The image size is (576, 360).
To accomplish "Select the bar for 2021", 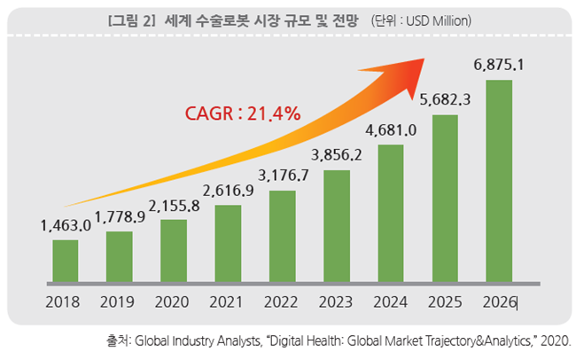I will (x=228, y=244).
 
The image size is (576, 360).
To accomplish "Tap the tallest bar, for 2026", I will (x=499, y=182).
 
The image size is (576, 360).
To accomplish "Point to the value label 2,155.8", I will (x=174, y=206).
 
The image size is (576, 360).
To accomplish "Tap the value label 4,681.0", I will (x=391, y=131).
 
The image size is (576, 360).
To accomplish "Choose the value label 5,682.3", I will (x=445, y=100).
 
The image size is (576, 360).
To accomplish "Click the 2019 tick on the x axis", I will (x=120, y=301).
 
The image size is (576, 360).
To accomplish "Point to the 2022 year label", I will (x=282, y=301).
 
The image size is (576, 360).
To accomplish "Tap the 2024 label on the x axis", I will (x=391, y=301).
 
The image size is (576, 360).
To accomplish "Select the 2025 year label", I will (x=445, y=301).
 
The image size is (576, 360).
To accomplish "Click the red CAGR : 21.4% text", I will (x=242, y=113).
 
